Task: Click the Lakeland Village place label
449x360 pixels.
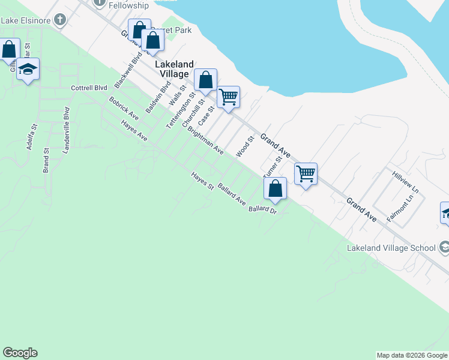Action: click(175, 69)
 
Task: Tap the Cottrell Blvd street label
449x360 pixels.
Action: click(89, 88)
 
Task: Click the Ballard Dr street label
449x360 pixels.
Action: click(262, 210)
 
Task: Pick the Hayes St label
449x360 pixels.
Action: click(202, 181)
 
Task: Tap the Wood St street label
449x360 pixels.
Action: click(246, 146)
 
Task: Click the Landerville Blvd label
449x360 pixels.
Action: click(66, 130)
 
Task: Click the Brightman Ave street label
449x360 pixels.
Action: click(205, 140)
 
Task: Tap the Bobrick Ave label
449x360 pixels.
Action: click(124, 109)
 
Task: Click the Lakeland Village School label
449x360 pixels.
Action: click(391, 248)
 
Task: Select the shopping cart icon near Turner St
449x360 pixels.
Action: click(306, 174)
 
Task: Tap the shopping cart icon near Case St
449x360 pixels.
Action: click(228, 97)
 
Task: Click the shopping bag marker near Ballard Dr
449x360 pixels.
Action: click(275, 188)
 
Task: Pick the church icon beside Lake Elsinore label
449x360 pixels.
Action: click(59, 20)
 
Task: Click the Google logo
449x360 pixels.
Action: click(20, 353)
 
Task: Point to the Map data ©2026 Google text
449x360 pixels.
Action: click(412, 355)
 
